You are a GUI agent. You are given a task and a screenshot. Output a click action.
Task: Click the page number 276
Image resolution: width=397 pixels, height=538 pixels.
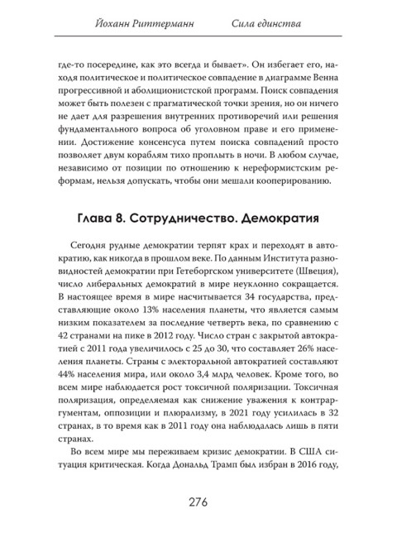[x=198, y=502]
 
